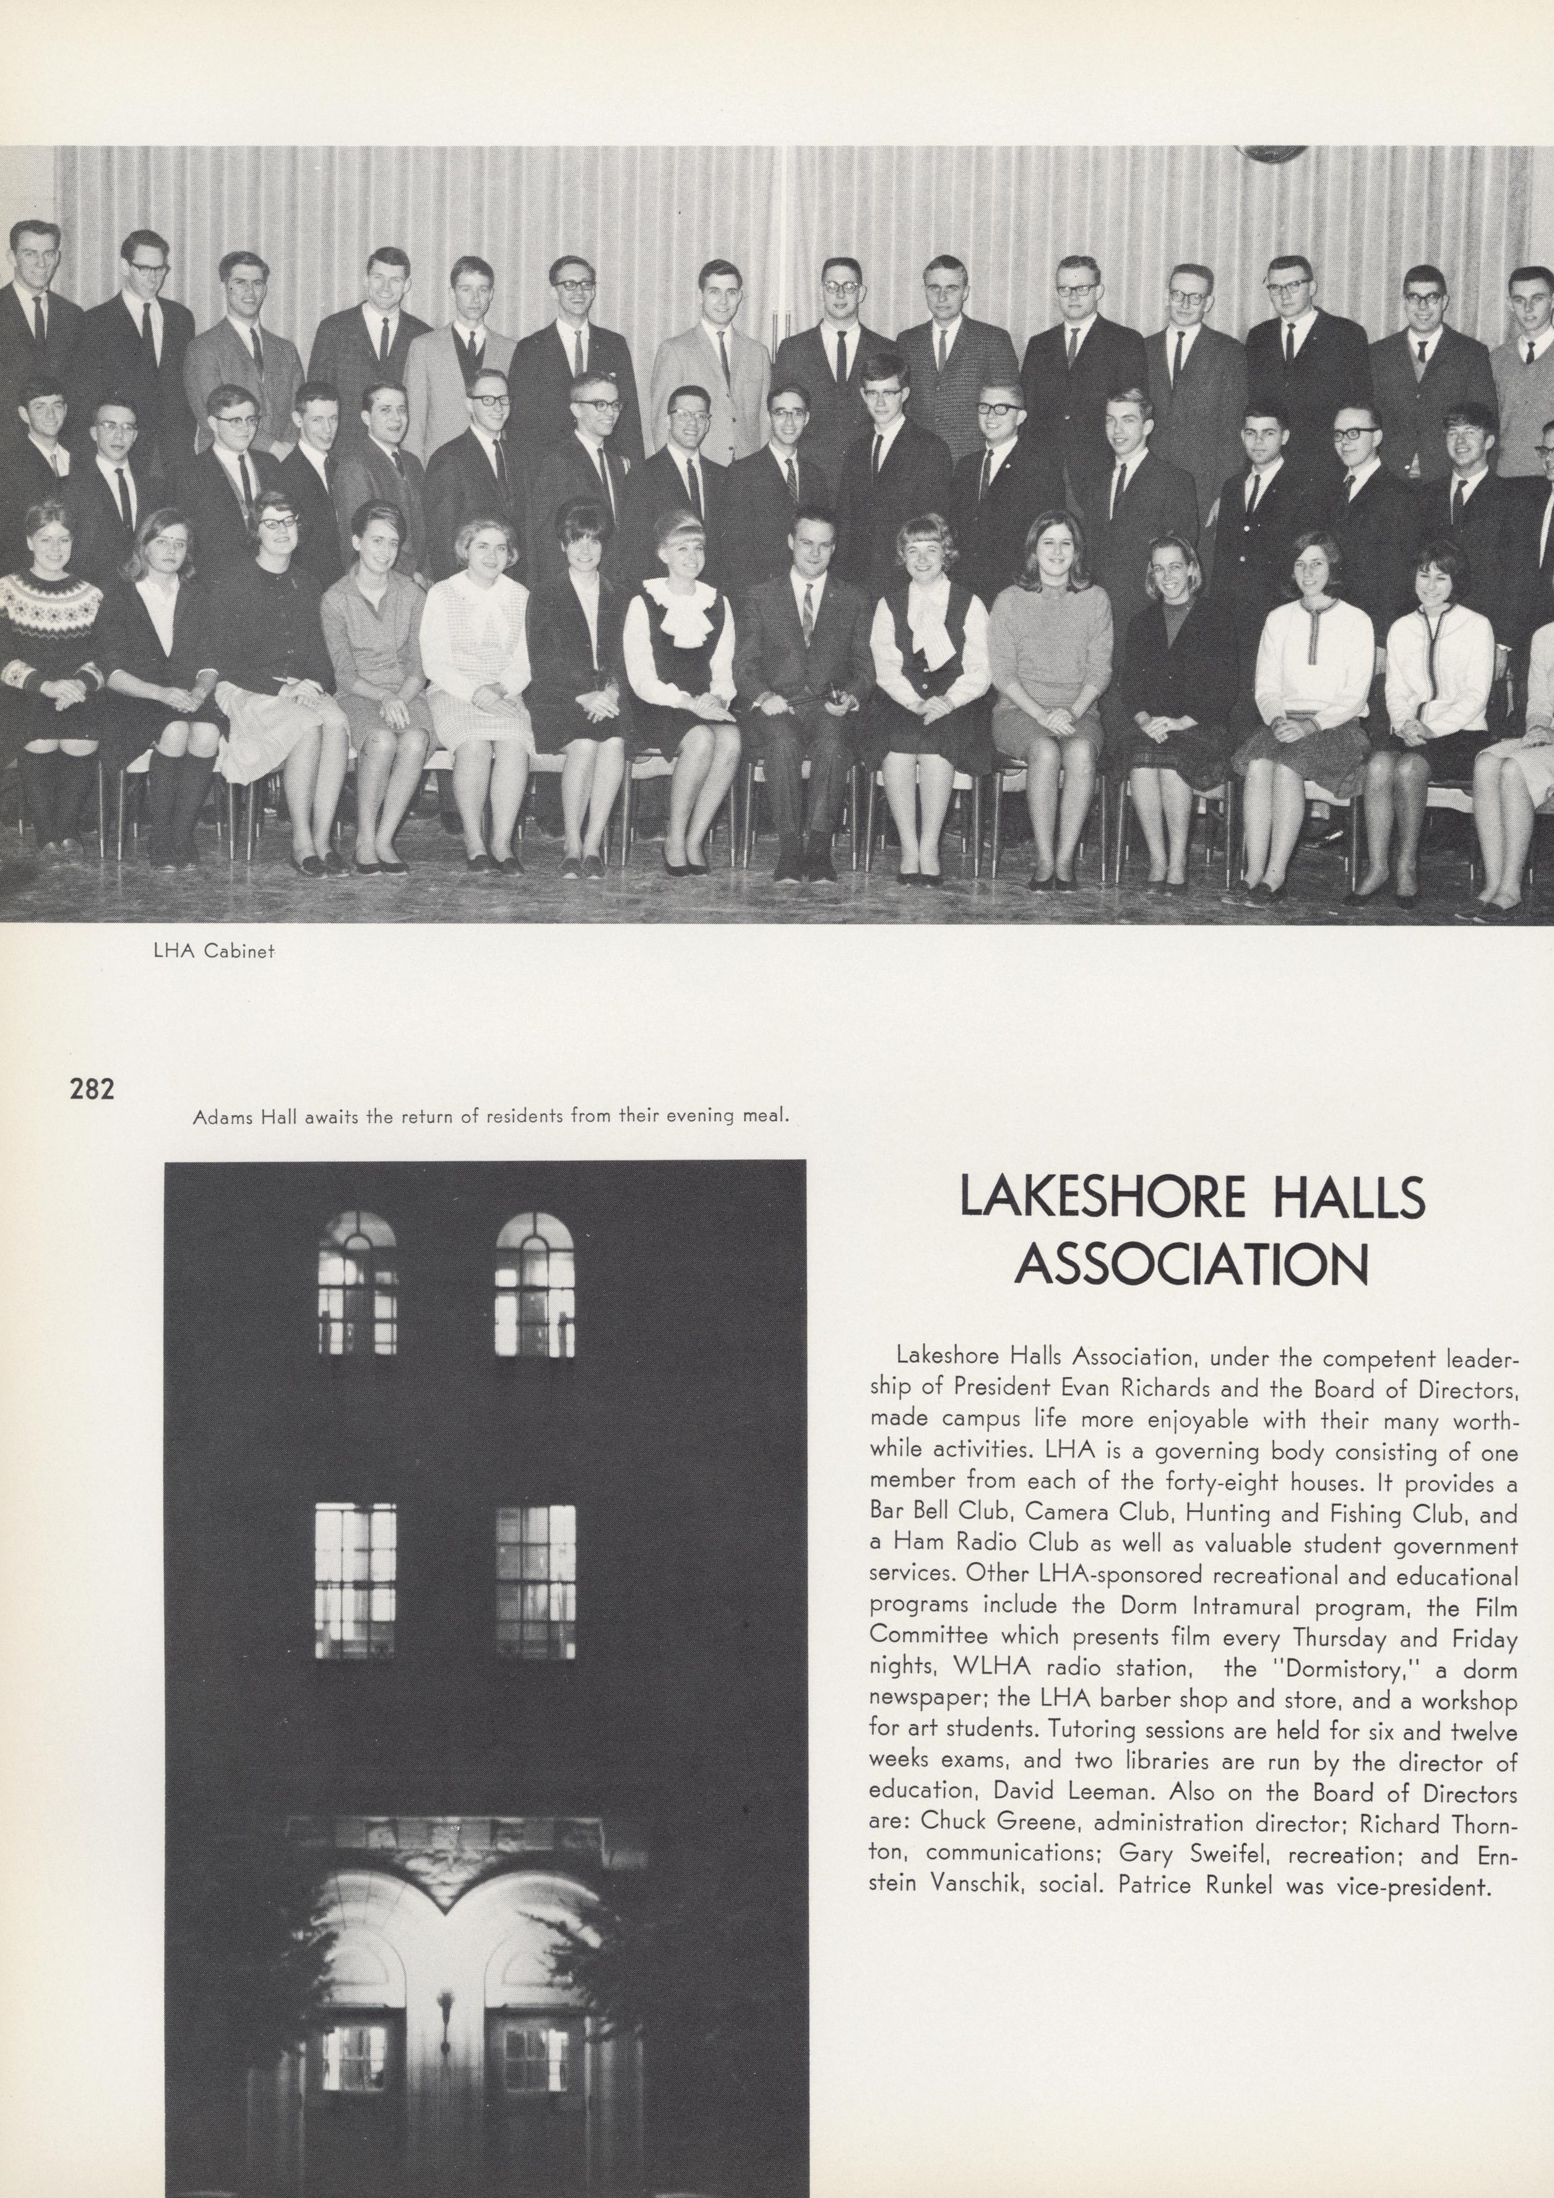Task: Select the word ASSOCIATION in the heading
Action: (x=1191, y=1266)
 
